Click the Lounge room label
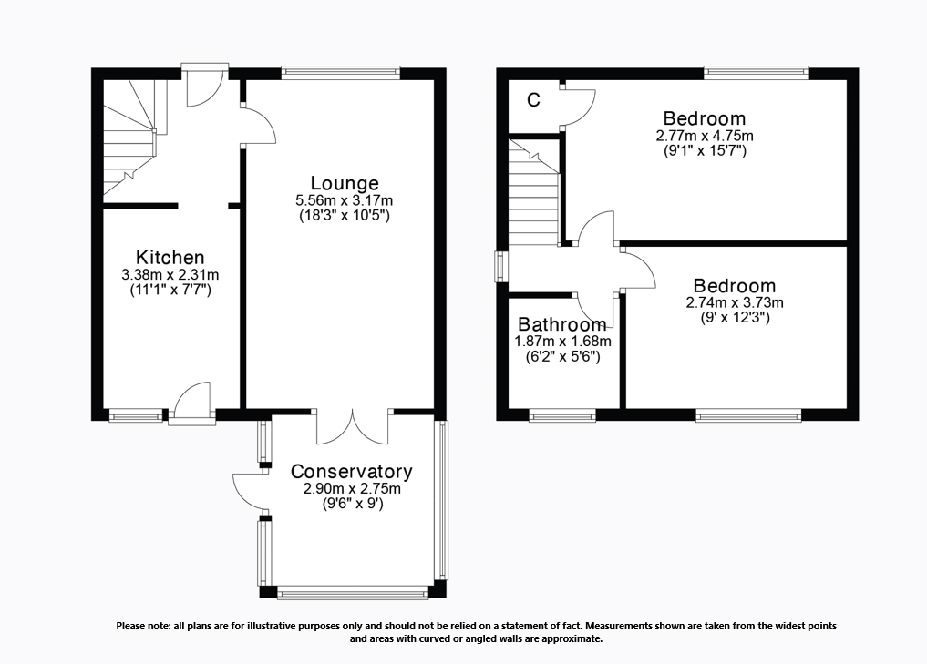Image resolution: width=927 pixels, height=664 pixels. [344, 183]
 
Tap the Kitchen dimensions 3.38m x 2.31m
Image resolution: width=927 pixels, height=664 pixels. [170, 274]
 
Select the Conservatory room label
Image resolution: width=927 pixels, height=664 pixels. [351, 472]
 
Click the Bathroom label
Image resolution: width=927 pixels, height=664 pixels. [561, 324]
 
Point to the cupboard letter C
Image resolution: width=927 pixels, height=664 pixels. [534, 100]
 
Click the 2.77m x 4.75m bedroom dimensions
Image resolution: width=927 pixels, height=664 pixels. [704, 136]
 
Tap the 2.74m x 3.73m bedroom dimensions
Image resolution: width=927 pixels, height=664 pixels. [734, 303]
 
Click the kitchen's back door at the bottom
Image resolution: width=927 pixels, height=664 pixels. [191, 403]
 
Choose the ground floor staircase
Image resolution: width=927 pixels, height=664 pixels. [128, 137]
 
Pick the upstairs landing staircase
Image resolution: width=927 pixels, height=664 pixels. [534, 196]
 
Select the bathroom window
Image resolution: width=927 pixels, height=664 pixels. [561, 415]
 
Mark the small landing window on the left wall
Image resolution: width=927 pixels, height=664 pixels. [500, 267]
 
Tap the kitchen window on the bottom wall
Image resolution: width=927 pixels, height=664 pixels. [135, 415]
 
